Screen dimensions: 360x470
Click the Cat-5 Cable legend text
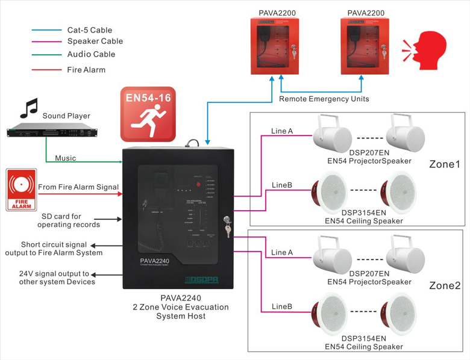89,30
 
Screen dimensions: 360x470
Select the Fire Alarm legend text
86,70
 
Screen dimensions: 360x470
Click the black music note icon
28,108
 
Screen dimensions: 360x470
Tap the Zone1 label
444,164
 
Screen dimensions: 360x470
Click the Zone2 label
445,285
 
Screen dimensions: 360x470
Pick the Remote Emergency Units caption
324,99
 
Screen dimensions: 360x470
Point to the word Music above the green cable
66,158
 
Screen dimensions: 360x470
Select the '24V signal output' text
57,278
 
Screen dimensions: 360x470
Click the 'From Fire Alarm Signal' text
78,187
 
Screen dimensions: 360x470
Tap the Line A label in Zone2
282,252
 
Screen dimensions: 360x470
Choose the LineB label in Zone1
282,185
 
